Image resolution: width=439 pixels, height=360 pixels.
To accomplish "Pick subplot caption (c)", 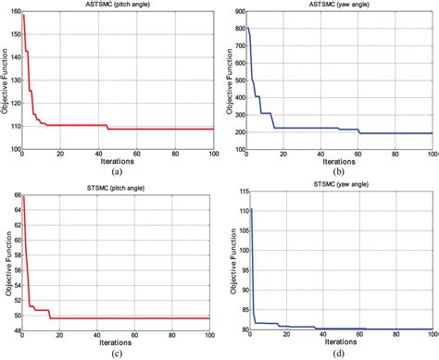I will tap(116, 355).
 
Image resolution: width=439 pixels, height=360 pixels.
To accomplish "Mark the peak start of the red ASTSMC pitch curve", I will tap(23, 16).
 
